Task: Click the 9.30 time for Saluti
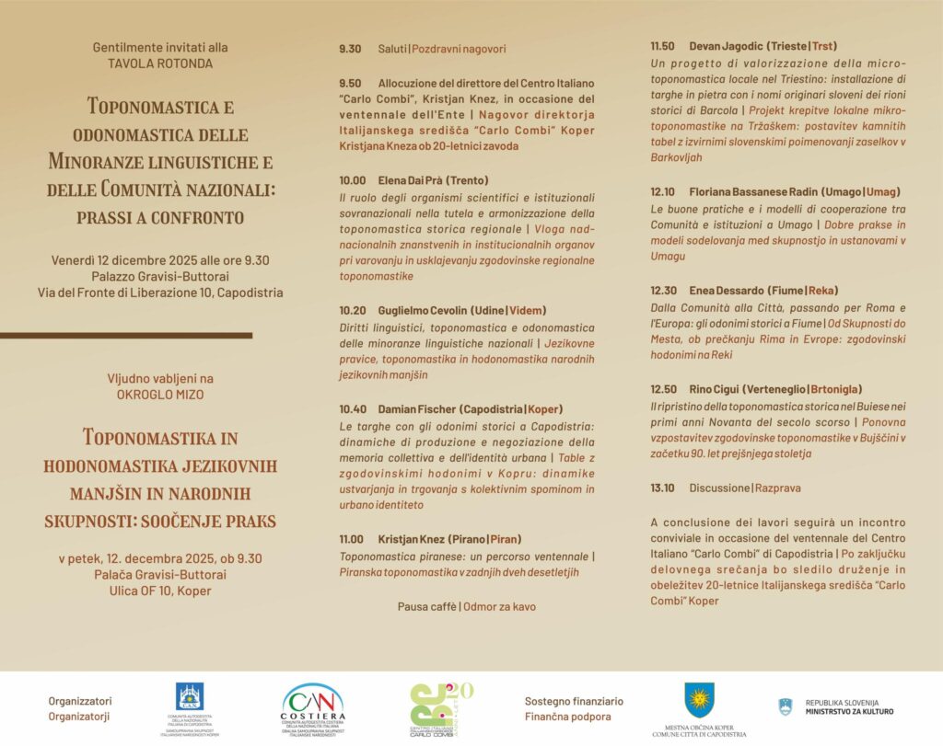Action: coord(350,49)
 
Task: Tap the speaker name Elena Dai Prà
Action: coord(414,180)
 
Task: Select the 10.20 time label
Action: coord(353,311)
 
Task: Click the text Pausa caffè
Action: coord(427,607)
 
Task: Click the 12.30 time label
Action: coord(663,290)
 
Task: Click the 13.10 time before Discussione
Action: coord(663,488)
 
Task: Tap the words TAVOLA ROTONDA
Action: coord(160,63)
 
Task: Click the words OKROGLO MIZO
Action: coord(160,394)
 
